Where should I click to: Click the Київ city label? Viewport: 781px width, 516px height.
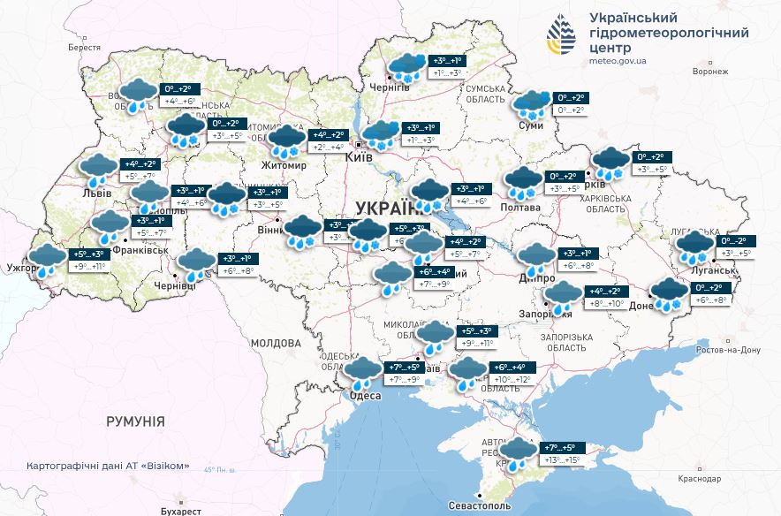[x=360, y=156]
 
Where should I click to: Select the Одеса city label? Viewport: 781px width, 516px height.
[x=366, y=395]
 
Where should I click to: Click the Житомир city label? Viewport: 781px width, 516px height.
[x=284, y=165]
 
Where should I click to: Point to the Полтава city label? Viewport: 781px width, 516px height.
[x=521, y=207]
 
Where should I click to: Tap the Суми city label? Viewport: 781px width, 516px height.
[x=531, y=126]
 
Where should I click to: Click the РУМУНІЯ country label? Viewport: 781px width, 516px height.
[x=135, y=421]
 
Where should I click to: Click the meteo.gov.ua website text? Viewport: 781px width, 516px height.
[x=617, y=61]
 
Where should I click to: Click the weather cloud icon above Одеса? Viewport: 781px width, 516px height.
[x=362, y=371]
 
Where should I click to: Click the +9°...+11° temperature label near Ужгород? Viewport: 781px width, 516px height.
[x=89, y=267]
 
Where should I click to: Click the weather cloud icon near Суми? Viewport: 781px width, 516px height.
[x=533, y=104]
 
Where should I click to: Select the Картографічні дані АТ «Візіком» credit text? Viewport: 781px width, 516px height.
[x=108, y=466]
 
